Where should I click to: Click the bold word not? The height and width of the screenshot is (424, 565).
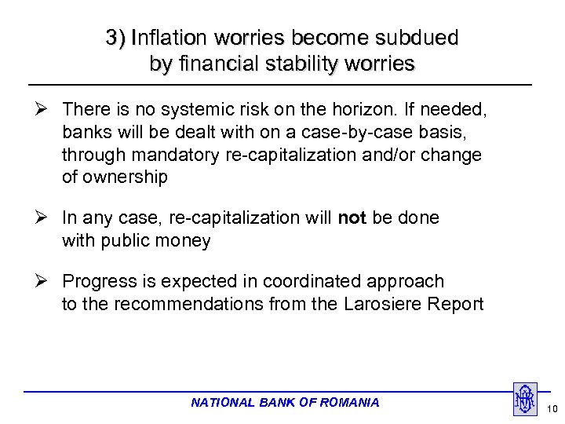352,217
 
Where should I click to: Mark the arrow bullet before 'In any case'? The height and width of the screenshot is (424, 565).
47,217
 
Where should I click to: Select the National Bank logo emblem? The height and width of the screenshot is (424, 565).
524,399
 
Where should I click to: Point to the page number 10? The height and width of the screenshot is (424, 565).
552,409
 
